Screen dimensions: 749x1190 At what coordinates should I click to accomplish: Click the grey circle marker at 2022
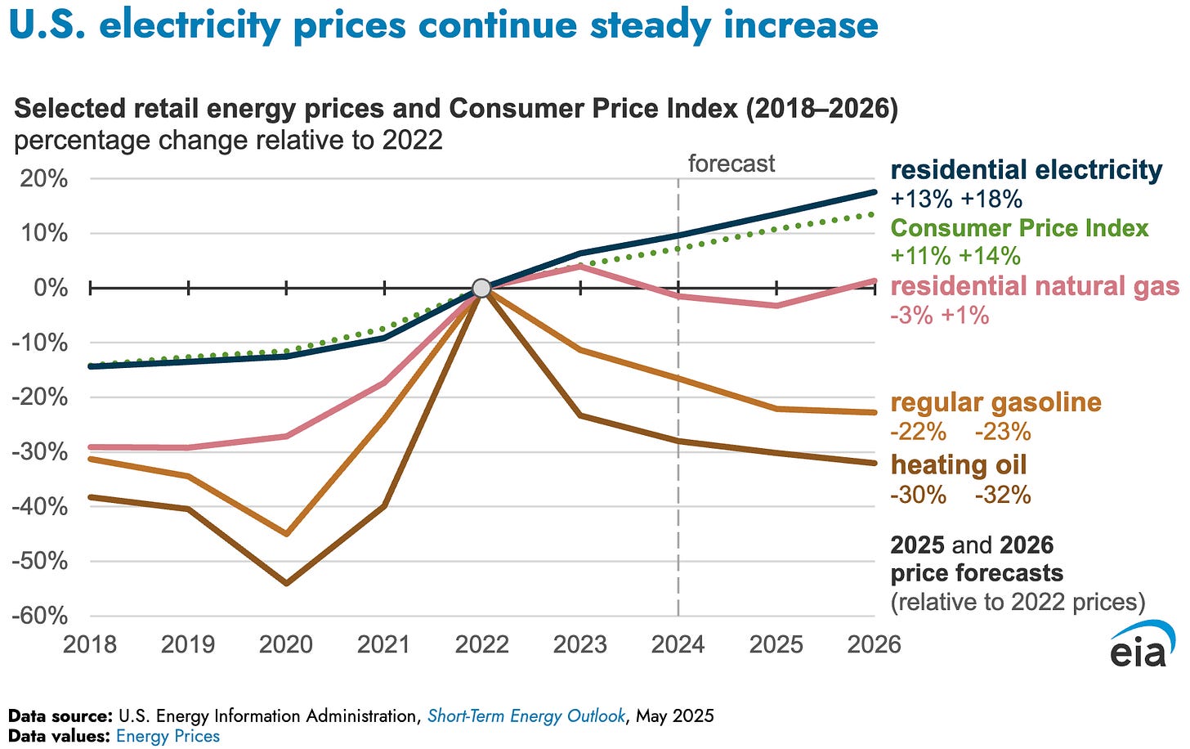(481, 288)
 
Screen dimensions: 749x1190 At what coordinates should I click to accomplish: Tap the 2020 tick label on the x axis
(286, 644)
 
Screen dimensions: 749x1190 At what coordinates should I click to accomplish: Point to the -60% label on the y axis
(39, 616)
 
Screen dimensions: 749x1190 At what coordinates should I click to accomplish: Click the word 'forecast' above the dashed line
(731, 164)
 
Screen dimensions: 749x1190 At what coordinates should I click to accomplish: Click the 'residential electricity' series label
(1026, 170)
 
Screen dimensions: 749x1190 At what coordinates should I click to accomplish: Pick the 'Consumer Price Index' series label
(1019, 228)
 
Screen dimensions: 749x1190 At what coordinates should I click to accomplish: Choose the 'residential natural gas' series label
(1035, 286)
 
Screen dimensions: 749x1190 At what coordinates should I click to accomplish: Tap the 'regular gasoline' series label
(995, 402)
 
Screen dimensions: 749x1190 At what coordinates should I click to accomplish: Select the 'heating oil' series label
(958, 464)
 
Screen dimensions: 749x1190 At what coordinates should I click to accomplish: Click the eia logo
(1142, 646)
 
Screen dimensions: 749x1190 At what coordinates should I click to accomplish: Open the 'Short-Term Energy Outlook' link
(526, 716)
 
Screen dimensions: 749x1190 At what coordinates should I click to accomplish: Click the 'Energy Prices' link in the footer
(168, 736)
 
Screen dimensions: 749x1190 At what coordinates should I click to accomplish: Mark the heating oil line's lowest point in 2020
(286, 583)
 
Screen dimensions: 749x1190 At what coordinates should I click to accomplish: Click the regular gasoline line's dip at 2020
(286, 534)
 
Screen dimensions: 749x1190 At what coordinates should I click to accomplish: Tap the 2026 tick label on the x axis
(874, 644)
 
